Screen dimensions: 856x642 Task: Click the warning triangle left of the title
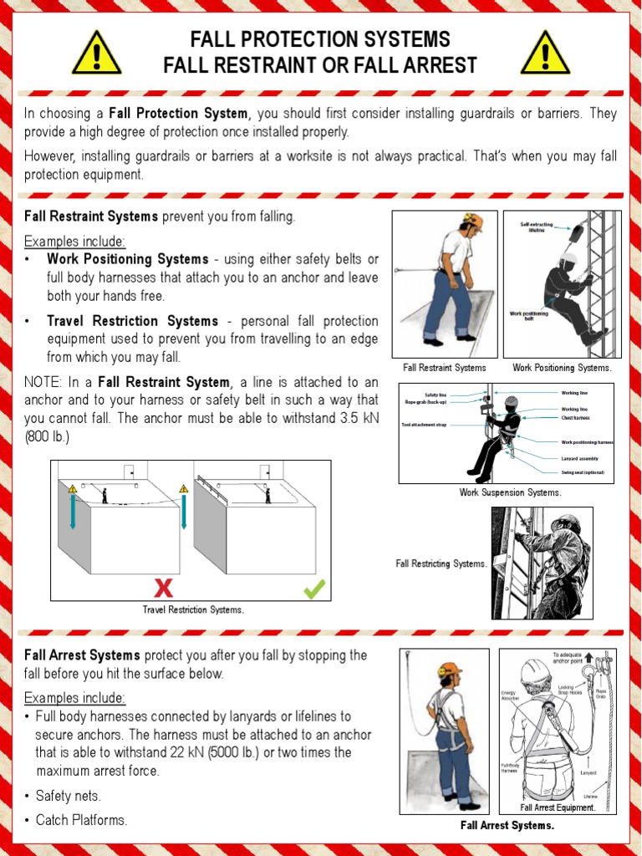97,53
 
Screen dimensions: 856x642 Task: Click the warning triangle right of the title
545,53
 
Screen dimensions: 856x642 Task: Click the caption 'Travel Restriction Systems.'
193,609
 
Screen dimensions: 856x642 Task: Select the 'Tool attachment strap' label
425,425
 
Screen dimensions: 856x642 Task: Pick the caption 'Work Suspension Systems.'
510,492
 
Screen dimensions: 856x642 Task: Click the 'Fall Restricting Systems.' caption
441,563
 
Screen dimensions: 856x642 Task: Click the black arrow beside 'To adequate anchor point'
588,658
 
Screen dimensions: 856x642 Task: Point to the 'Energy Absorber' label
509,695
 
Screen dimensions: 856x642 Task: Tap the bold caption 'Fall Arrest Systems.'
507,826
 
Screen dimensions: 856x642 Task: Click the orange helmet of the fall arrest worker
451,669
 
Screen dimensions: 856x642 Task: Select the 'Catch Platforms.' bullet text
81,820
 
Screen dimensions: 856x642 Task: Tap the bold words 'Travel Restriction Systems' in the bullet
134,321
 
